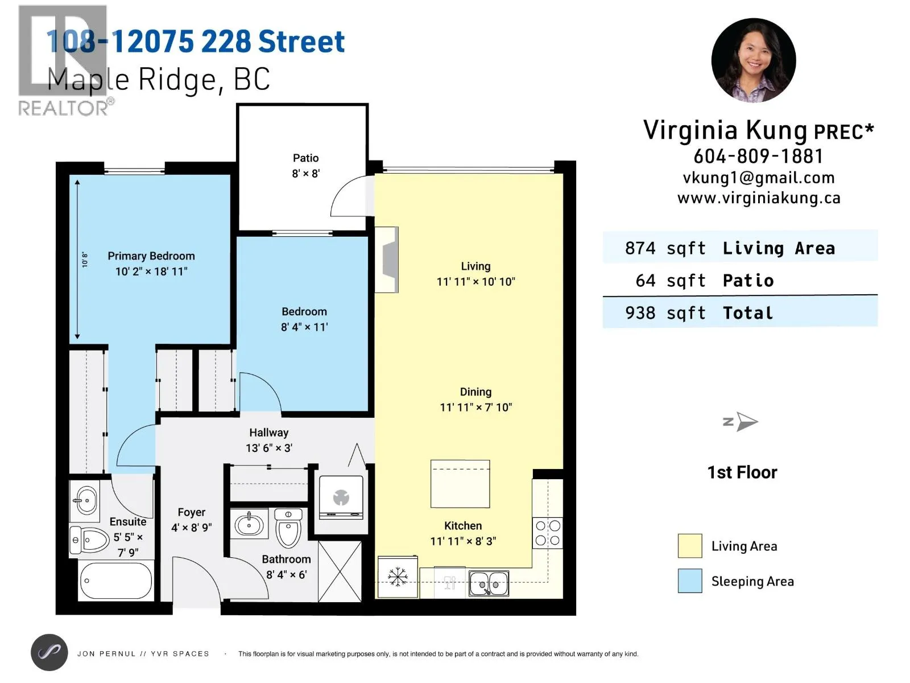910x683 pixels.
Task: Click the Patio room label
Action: (x=305, y=158)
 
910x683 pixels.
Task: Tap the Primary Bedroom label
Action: (x=151, y=256)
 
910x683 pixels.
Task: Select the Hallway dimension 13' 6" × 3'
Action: (x=269, y=448)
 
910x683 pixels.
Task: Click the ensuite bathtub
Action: (x=115, y=580)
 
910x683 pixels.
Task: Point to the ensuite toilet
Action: (x=89, y=540)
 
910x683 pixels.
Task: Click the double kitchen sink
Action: (x=489, y=583)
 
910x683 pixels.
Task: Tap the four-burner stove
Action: (x=548, y=533)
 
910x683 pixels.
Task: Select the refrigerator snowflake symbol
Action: (x=397, y=577)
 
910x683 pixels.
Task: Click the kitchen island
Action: (x=460, y=484)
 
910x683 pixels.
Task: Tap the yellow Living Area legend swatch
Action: (x=690, y=546)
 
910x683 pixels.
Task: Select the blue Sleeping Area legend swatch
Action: (x=690, y=581)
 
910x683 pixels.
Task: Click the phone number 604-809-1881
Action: (x=758, y=157)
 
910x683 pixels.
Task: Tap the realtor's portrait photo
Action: (x=753, y=60)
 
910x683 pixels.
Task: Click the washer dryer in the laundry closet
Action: (x=341, y=497)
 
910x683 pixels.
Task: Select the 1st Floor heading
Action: (x=742, y=472)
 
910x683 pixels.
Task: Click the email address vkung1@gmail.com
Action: (x=759, y=178)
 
